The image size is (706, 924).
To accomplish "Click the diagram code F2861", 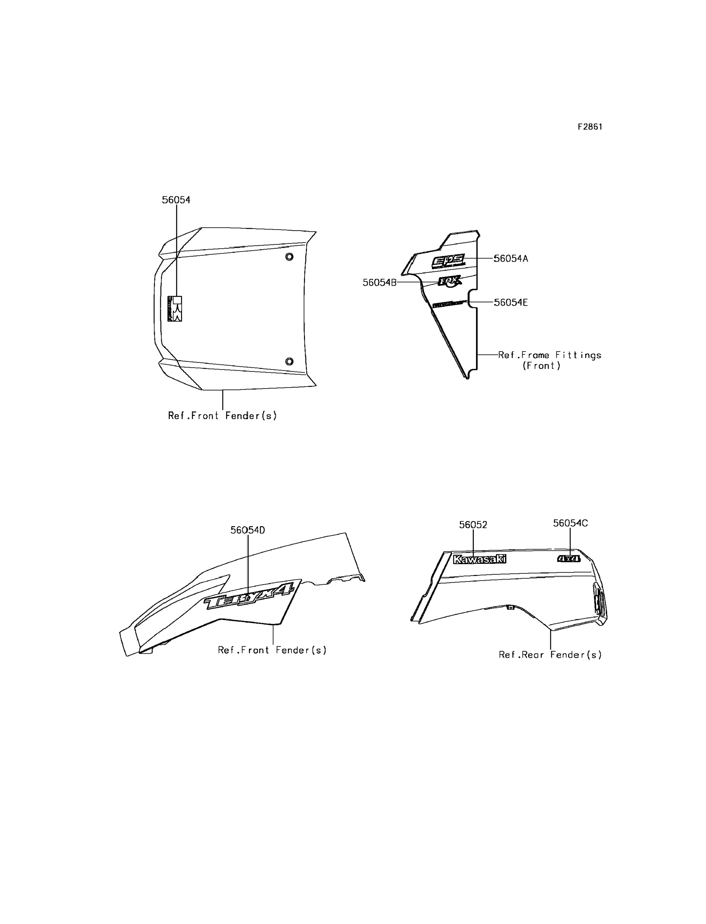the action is [x=590, y=127].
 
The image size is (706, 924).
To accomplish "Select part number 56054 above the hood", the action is [x=176, y=200].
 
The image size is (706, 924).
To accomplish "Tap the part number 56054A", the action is [x=511, y=258].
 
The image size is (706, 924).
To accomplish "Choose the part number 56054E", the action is [x=511, y=302].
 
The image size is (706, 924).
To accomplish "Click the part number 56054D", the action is [x=247, y=530].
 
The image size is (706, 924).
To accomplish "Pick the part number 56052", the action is [x=473, y=525].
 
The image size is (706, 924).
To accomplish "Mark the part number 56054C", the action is [x=570, y=523].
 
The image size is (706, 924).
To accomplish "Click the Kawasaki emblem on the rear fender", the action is [x=480, y=559].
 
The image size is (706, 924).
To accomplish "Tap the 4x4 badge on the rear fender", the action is [x=569, y=559].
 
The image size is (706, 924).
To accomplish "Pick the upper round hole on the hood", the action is [x=289, y=257].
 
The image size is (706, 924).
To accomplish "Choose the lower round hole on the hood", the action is [x=289, y=361].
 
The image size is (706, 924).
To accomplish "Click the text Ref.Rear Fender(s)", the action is [x=550, y=654].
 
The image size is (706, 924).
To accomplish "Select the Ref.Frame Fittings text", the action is [x=550, y=355].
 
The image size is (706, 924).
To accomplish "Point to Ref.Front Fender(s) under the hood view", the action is [x=222, y=416].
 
